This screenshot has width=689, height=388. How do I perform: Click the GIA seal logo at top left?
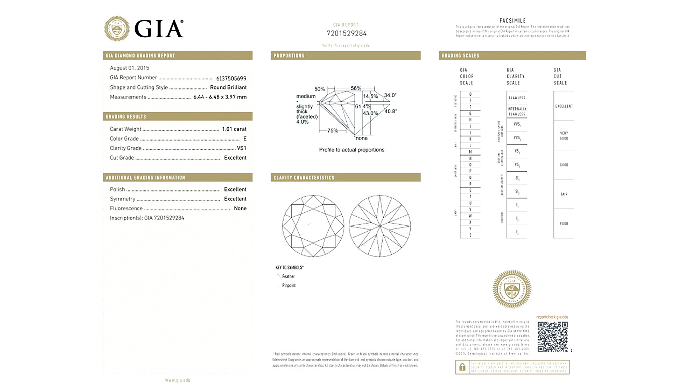tap(117, 28)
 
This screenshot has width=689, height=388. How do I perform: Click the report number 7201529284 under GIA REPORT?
tap(346, 33)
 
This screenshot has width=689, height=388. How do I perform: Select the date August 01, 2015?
tap(130, 68)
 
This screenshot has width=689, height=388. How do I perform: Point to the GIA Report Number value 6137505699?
tap(231, 78)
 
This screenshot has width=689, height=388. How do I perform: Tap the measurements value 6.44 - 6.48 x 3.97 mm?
tap(220, 97)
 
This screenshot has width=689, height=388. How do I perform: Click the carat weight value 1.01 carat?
tap(234, 129)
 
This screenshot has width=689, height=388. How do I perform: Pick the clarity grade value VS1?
tap(242, 148)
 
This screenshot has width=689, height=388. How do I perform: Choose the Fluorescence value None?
tap(240, 208)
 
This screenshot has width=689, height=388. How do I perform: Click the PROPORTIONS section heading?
tap(289, 56)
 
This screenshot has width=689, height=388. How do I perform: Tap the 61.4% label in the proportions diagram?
tap(362, 106)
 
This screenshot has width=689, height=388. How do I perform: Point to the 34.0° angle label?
tap(390, 95)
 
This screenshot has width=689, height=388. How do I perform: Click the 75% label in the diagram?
tap(333, 131)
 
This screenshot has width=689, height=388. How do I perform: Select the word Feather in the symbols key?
tap(288, 276)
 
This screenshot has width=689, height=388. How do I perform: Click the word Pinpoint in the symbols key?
tap(289, 285)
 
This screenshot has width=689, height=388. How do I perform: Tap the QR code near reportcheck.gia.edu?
tap(552, 337)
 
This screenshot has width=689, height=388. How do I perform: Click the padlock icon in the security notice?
tap(462, 367)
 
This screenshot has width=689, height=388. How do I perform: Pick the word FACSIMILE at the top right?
tap(512, 21)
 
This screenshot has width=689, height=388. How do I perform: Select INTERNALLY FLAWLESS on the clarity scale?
tap(517, 111)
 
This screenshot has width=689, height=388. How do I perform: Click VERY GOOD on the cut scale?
tap(564, 135)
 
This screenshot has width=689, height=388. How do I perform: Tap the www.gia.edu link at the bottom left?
tap(178, 380)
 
